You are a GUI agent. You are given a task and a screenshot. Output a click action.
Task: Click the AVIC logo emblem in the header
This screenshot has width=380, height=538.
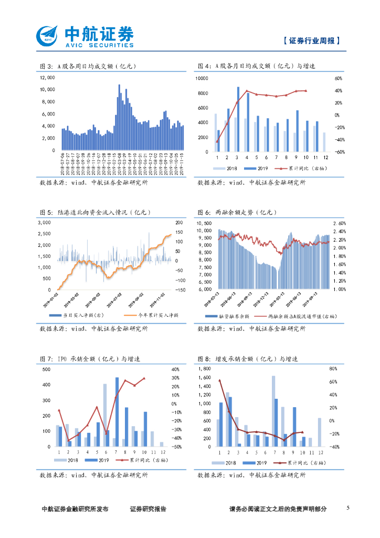(x=49, y=37)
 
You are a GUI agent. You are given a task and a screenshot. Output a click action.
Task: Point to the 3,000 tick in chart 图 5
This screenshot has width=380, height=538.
(x=46, y=223)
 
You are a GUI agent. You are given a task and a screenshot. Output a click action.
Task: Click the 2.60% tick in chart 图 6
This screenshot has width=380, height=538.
(x=339, y=223)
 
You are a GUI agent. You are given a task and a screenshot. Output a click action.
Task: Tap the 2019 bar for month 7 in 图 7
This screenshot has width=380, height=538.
(x=117, y=412)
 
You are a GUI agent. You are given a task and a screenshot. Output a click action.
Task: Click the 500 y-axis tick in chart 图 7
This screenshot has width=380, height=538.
(x=46, y=369)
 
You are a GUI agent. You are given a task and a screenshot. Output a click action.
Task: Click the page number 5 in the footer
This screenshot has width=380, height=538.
(x=348, y=508)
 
